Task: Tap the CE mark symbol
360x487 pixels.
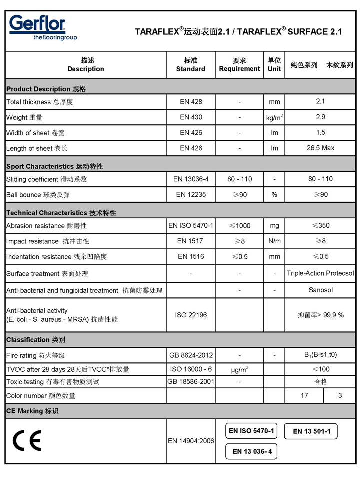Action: coord(27,440)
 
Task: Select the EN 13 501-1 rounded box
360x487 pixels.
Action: coord(311,431)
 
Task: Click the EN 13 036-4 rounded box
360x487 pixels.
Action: coord(251,451)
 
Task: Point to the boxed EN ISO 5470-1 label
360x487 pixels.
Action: coord(251,431)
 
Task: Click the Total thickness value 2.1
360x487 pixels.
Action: coord(320,101)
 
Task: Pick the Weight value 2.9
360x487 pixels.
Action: coord(320,117)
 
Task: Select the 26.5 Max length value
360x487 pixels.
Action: coord(320,148)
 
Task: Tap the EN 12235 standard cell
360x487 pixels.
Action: coord(190,194)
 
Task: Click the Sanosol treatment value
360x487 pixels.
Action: coord(320,290)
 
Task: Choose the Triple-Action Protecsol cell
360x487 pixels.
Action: coord(320,273)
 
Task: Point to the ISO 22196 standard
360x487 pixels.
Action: coord(190,315)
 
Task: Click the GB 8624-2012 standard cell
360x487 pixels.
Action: coord(190,355)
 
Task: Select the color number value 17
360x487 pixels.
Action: coord(304,395)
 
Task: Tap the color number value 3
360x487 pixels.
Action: coord(340,395)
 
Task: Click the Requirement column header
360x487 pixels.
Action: coord(239,65)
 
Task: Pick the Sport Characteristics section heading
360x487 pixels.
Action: coord(54,166)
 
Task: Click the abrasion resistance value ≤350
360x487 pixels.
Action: coord(320,225)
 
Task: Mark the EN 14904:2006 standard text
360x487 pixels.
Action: coord(190,441)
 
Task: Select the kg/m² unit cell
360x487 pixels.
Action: coord(274,118)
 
